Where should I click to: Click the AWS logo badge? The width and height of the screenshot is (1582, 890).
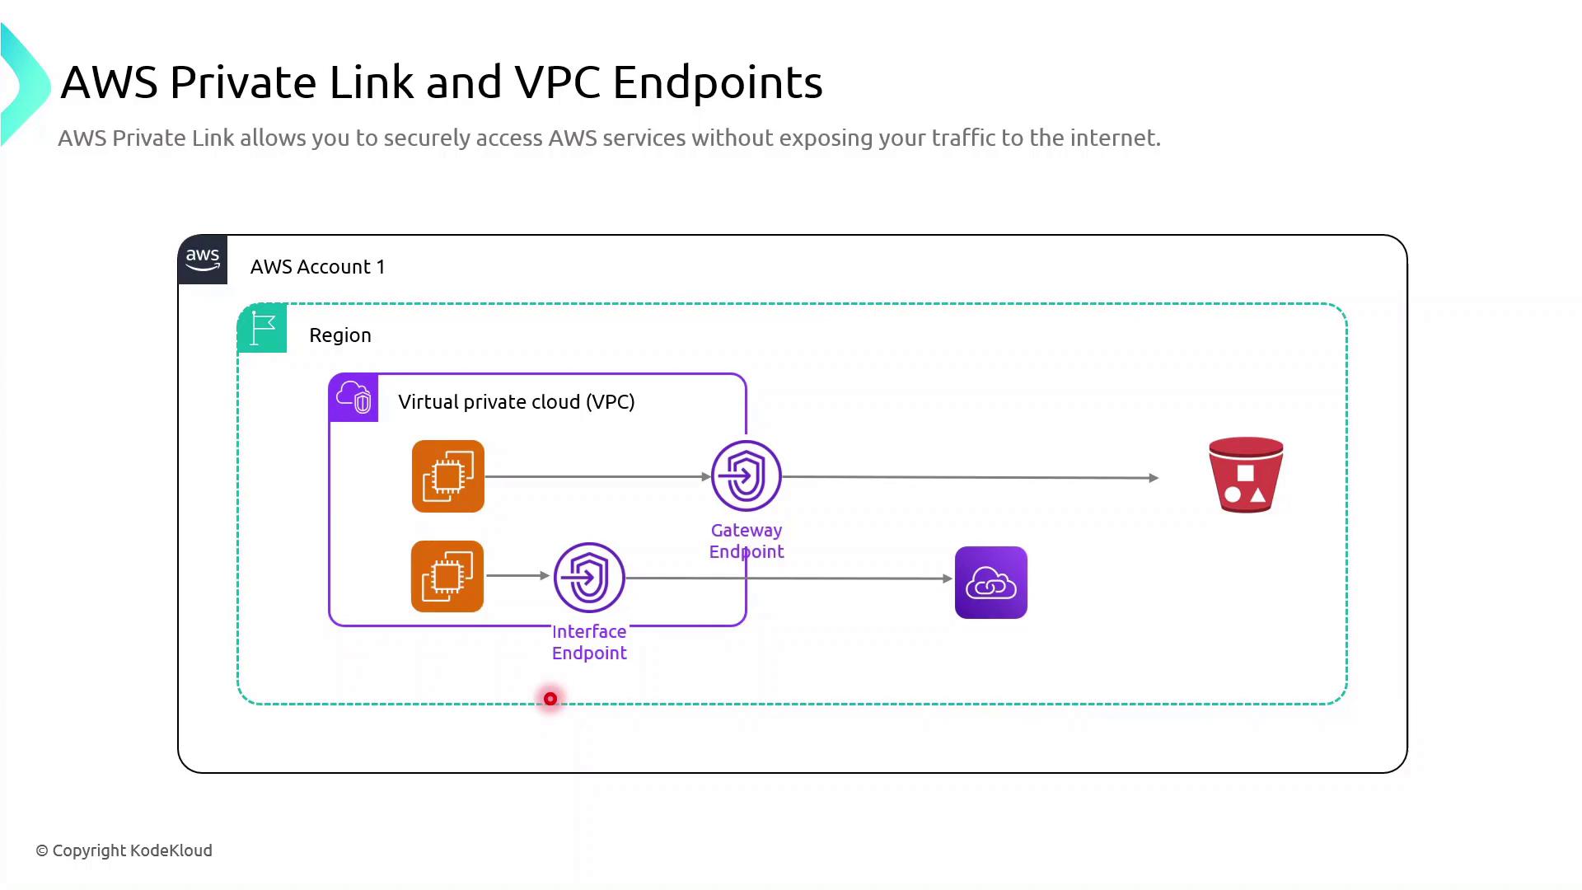pyautogui.click(x=203, y=260)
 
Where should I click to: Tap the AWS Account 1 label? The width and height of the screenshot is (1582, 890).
pyautogui.click(x=317, y=267)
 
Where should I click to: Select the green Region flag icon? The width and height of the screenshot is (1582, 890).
pyautogui.click(x=262, y=328)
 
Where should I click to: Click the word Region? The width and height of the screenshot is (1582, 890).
pyautogui.click(x=340, y=335)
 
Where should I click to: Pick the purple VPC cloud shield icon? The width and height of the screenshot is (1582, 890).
pyautogui.click(x=353, y=397)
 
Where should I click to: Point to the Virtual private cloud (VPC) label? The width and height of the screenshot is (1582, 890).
pyautogui.click(x=516, y=402)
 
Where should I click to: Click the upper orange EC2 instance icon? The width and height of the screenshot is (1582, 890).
pyautogui.click(x=448, y=476)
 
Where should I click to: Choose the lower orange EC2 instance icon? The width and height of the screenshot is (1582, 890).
pyautogui.click(x=447, y=577)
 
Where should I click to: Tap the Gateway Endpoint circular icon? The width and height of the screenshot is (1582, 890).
pyautogui.click(x=747, y=475)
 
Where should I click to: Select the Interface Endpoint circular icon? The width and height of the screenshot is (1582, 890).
pyautogui.click(x=589, y=577)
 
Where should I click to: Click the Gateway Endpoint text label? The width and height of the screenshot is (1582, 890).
pyautogui.click(x=747, y=541)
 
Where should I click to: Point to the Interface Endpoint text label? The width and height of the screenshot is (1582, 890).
pyautogui.click(x=589, y=643)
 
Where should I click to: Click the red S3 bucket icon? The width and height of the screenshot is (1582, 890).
pyautogui.click(x=1246, y=475)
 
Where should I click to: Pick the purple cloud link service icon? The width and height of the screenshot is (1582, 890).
pyautogui.click(x=991, y=583)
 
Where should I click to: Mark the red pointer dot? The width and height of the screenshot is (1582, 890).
pyautogui.click(x=550, y=699)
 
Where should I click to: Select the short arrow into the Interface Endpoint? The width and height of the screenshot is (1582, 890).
pyautogui.click(x=518, y=575)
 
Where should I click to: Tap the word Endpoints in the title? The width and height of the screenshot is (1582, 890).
pyautogui.click(x=717, y=82)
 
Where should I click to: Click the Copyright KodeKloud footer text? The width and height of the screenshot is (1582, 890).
pyautogui.click(x=124, y=850)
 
